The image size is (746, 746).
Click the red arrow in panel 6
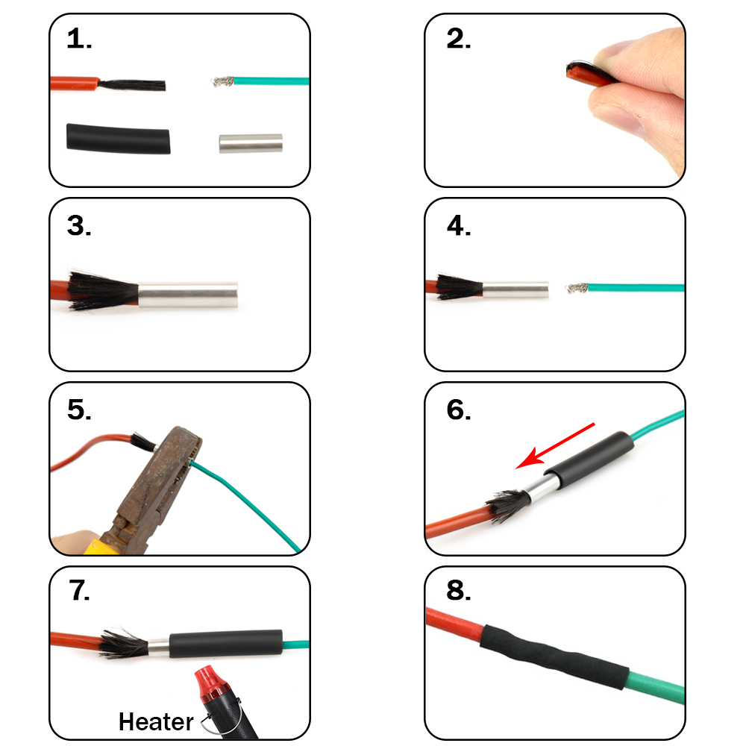(556, 445)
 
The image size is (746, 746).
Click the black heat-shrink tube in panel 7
(225, 642)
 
